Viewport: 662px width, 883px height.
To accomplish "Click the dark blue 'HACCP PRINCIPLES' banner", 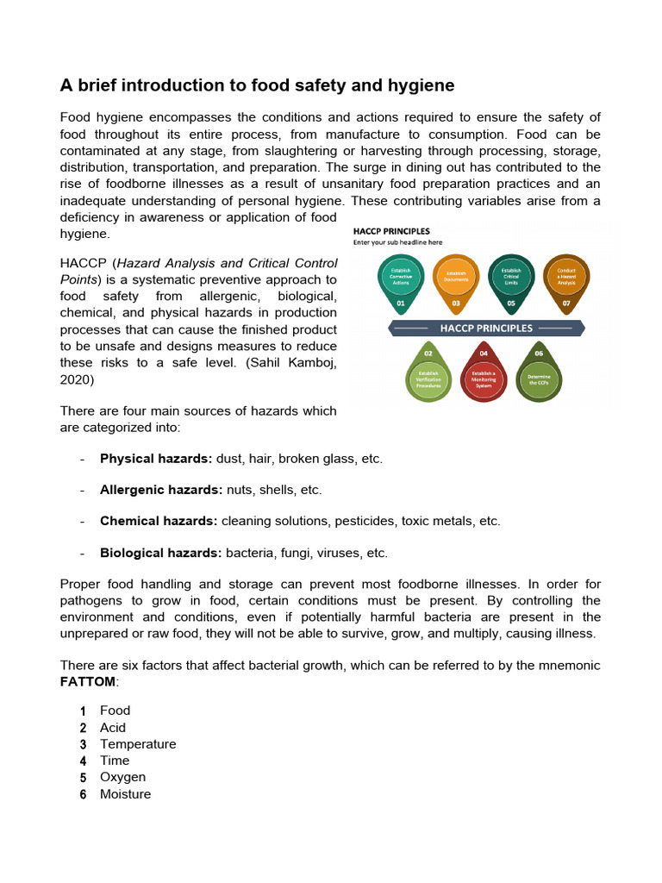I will point(486,328).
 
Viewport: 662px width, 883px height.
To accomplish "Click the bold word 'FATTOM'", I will point(87,681).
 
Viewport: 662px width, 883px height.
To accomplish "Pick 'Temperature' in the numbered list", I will point(138,744).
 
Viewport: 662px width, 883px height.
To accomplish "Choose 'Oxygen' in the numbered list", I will point(122,777).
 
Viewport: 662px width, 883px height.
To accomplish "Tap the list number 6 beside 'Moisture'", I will point(84,794).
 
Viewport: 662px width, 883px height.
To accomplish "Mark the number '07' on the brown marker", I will point(566,304).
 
